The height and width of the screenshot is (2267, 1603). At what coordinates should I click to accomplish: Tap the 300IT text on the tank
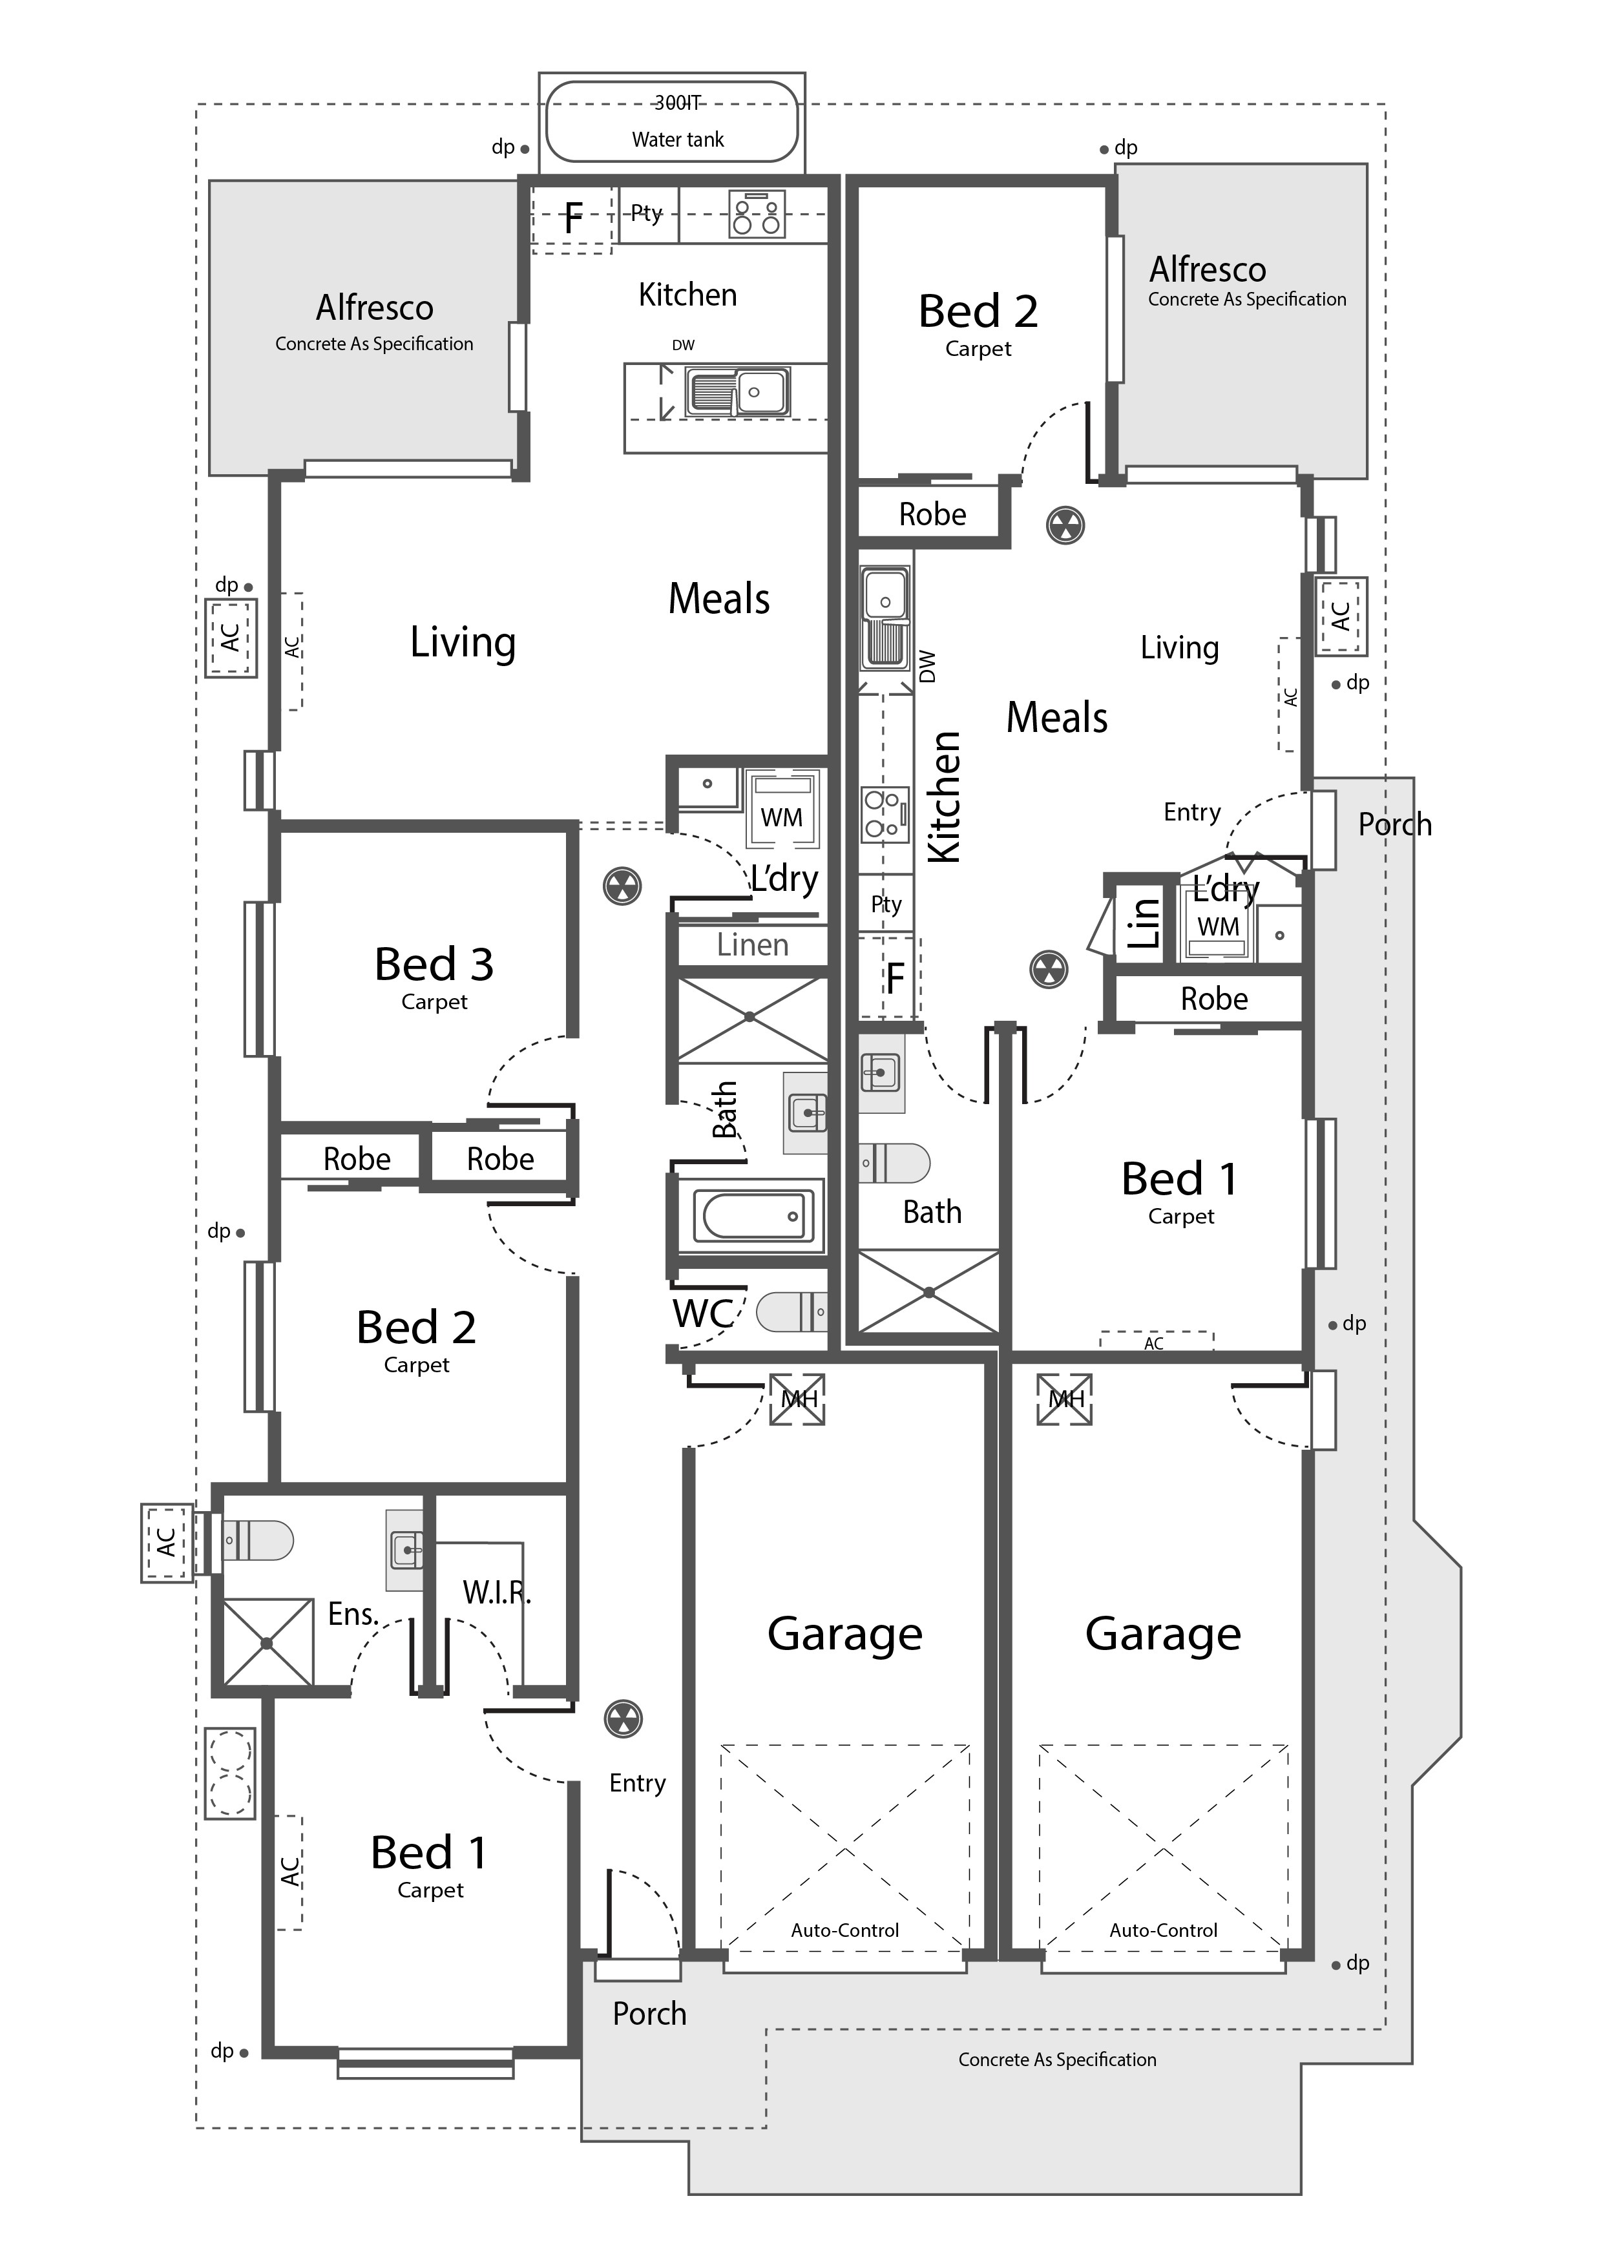point(678,103)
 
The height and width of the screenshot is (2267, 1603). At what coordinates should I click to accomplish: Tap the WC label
point(702,1313)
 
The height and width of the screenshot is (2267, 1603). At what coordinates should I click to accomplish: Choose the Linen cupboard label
point(753,945)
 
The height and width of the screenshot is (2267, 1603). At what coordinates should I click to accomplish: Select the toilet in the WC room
point(791,1312)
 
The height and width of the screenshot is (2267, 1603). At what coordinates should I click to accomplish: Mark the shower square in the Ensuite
point(267,1642)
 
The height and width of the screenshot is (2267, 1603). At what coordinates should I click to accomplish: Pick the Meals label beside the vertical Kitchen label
point(1057,718)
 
